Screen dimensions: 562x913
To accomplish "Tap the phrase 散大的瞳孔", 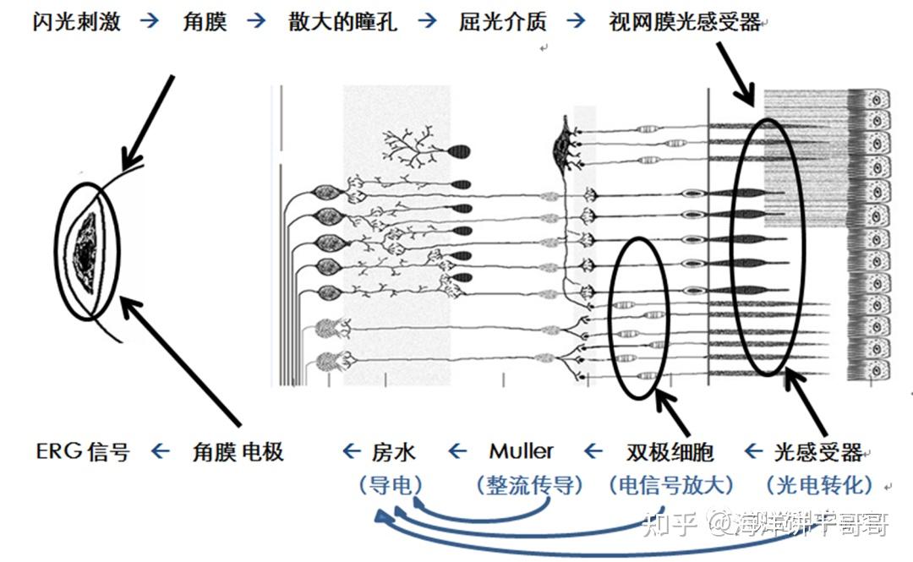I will [342, 21].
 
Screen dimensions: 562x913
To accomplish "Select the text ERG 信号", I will [83, 451].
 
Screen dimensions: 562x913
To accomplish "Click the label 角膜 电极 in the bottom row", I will [238, 451].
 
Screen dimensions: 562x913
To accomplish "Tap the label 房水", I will [394, 451].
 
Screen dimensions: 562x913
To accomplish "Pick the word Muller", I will [522, 451].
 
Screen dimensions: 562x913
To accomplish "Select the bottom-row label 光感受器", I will [817, 451].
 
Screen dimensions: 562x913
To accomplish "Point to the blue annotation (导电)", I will [390, 485].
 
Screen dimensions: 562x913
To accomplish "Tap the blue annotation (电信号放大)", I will [671, 485].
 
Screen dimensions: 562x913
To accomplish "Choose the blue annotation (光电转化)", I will [818, 485].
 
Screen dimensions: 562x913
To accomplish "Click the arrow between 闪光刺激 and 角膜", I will [150, 21].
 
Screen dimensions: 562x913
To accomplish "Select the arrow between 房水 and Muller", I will [457, 451].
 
